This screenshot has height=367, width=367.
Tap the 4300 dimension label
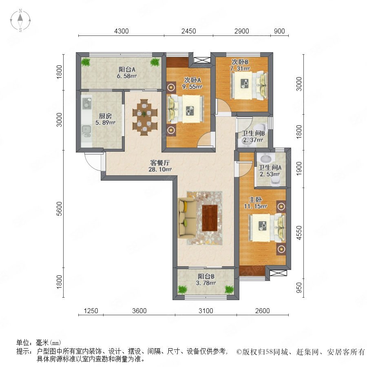(122, 31)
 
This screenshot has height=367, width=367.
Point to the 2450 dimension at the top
(189, 31)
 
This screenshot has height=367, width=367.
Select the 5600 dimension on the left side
(60, 209)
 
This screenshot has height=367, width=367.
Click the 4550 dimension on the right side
(299, 233)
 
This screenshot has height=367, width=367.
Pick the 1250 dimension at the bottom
(91, 311)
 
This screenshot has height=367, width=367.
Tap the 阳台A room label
(127, 69)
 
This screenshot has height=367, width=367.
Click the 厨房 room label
(105, 116)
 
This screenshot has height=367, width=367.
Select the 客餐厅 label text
(160, 163)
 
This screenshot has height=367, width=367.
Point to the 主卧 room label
(255, 200)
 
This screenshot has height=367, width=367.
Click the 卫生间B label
(253, 133)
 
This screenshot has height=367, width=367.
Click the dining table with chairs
(145, 117)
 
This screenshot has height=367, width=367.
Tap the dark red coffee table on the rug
(210, 218)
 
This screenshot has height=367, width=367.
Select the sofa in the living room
(187, 218)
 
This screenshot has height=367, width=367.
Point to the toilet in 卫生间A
(276, 181)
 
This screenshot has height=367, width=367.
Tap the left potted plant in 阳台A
(86, 62)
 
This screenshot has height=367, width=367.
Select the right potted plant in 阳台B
(229, 290)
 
